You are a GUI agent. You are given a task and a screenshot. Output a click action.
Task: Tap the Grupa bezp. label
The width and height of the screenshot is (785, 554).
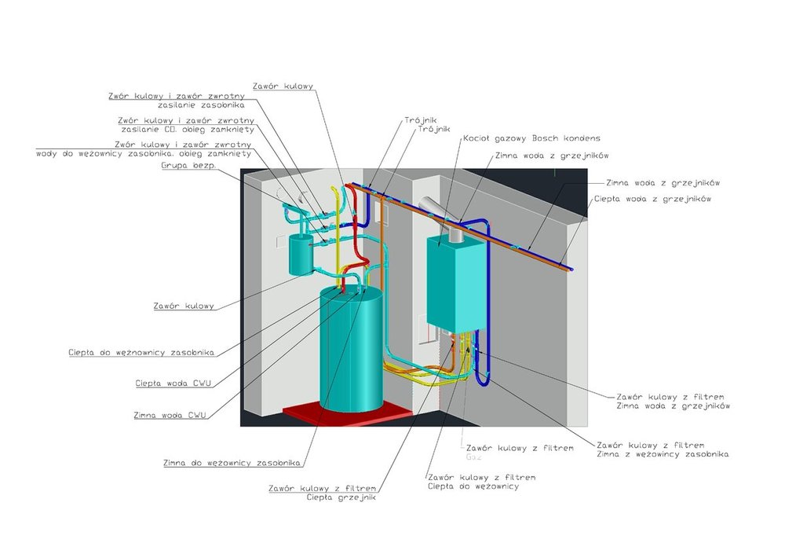pyautogui.click(x=188, y=167)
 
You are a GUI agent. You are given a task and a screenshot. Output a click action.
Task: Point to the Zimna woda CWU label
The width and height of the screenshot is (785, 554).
pyautogui.click(x=170, y=415)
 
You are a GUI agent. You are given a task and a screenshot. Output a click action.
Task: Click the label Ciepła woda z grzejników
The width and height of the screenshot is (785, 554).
pyautogui.click(x=652, y=200)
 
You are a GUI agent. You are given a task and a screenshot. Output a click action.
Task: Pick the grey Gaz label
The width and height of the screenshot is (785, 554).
pyautogui.click(x=473, y=456)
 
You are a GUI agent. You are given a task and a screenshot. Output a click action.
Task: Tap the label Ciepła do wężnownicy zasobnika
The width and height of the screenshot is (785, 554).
pyautogui.click(x=141, y=353)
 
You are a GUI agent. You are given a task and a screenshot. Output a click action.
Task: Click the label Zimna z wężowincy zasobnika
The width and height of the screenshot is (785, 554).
pyautogui.click(x=663, y=454)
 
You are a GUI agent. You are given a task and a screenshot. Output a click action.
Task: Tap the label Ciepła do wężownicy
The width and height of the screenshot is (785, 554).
pyautogui.click(x=473, y=486)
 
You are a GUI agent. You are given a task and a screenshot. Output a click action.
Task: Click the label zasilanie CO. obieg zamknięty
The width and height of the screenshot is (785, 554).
pyautogui.click(x=188, y=129)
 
